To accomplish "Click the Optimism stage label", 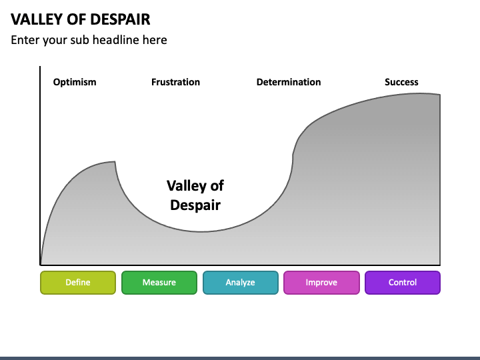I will tap(75, 82).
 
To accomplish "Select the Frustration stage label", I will tap(175, 82).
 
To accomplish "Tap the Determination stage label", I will tap(289, 82).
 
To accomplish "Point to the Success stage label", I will tap(401, 82).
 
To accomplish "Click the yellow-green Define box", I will tap(78, 283).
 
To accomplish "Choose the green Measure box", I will tap(159, 283).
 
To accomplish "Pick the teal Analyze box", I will tap(240, 283).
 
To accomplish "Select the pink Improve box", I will tap(321, 283).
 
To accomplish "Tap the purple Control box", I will tap(403, 283).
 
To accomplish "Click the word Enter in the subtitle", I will tap(25, 40).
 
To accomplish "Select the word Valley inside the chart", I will tap(187, 185).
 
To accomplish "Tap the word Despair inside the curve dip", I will tap(195, 205).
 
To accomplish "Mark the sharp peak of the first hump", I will tap(115, 161).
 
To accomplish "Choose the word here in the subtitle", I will tap(154, 40).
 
